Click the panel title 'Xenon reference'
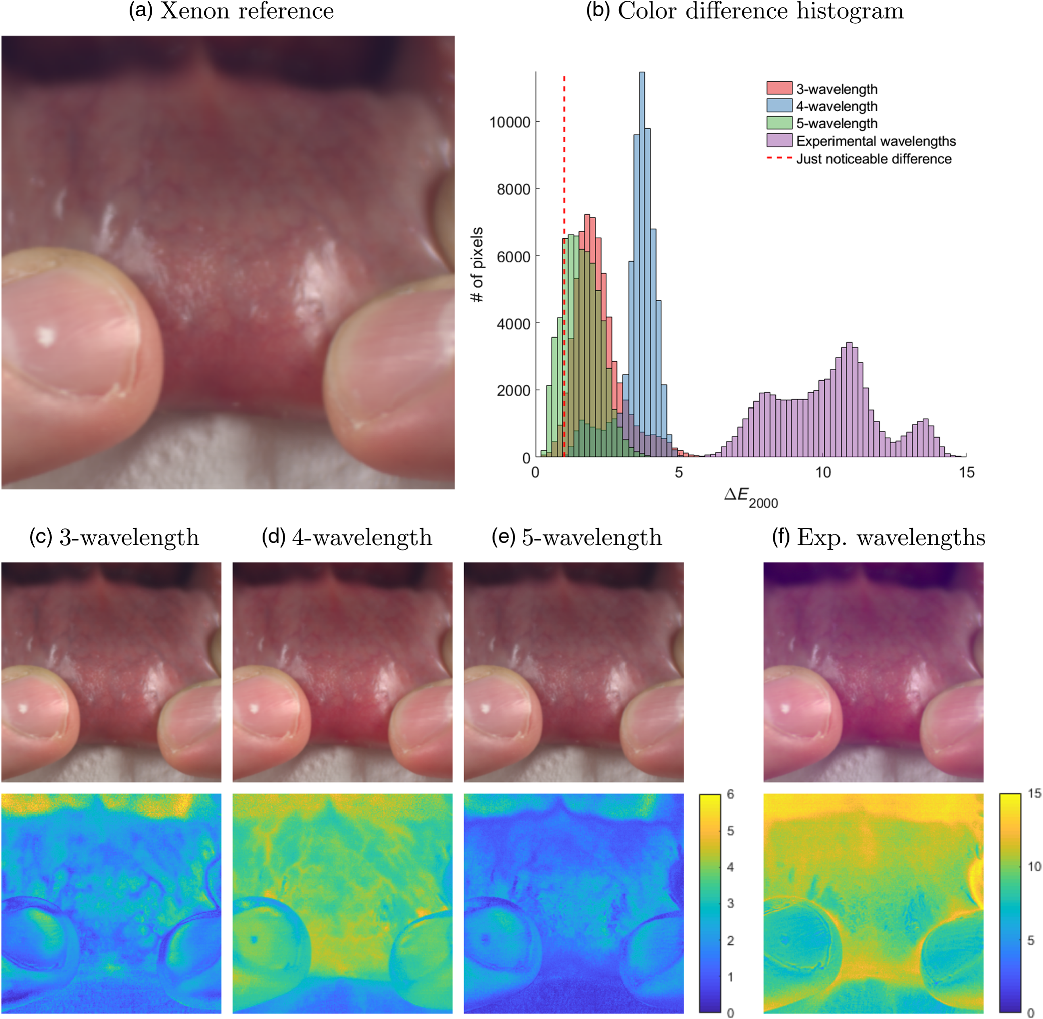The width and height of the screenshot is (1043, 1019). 247,11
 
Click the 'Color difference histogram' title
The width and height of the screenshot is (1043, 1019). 760,11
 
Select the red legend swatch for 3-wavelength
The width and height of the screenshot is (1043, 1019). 779,88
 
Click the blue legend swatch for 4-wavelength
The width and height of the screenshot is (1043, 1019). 779,105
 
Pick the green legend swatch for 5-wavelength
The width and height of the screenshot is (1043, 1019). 779,123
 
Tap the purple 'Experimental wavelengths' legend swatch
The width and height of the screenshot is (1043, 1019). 779,140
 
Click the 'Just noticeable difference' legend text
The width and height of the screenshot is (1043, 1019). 874,159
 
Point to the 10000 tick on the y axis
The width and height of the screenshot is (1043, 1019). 509,122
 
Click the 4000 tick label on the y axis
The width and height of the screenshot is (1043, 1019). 514,323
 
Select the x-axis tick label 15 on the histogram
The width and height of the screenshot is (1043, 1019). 966,472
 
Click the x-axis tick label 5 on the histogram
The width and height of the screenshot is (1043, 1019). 679,472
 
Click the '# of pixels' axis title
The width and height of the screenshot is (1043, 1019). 477,264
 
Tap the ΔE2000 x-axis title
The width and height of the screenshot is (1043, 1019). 751,497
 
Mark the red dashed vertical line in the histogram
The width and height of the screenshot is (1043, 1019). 564,266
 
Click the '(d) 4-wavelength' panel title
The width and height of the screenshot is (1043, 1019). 346,537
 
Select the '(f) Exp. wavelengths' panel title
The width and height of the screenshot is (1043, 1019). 878,537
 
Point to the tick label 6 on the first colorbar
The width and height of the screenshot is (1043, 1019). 730,794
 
